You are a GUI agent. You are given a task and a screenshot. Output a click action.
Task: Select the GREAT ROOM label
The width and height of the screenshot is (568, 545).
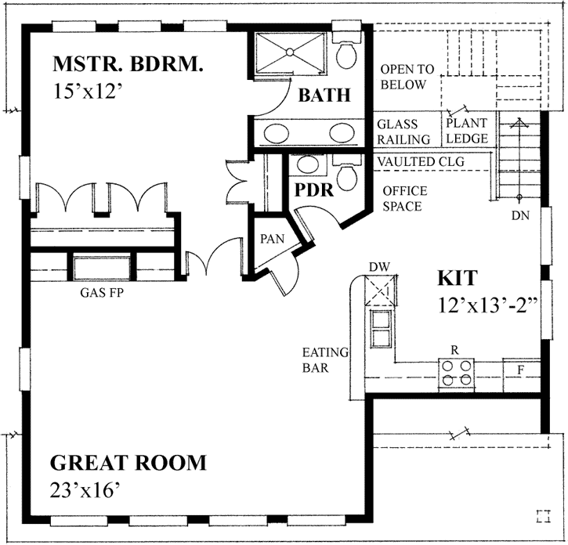129,462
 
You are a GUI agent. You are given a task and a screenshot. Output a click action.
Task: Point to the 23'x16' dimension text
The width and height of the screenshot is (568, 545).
86,490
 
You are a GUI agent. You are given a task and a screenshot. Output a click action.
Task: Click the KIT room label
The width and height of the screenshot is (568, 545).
457,279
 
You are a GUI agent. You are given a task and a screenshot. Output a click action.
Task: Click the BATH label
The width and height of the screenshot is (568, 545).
324,96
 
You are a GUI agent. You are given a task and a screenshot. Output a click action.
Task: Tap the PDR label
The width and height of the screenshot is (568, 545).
314,190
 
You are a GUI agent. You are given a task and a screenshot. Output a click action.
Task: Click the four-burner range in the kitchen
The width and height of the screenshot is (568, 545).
457,373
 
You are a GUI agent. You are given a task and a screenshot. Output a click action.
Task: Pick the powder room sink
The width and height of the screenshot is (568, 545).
309,164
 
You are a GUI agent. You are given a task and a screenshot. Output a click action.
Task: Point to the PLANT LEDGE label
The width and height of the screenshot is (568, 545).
467,131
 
